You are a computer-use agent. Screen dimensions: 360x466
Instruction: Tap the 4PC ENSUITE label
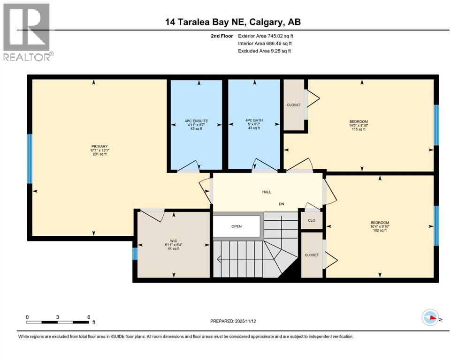tap(196, 121)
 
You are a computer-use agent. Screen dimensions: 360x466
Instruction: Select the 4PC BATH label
tap(254, 120)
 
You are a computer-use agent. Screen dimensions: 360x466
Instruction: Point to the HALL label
tap(267, 192)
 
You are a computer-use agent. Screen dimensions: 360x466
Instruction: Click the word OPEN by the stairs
tap(236, 226)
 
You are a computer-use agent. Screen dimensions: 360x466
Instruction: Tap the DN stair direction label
tap(281, 204)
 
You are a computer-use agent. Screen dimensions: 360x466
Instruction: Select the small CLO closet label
tap(311, 220)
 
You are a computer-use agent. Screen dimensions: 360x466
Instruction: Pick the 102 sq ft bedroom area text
tap(379, 231)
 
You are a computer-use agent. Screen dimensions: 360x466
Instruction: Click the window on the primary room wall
tap(30, 159)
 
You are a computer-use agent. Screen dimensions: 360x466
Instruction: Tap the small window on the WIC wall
tap(135, 254)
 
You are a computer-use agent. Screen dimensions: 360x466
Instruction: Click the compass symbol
tap(430, 318)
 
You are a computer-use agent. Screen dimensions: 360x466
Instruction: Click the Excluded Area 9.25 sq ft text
tap(265, 51)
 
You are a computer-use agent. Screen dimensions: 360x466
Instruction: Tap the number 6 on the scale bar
tap(89, 317)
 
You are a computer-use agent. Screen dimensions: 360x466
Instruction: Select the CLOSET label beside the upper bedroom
tap(294, 105)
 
